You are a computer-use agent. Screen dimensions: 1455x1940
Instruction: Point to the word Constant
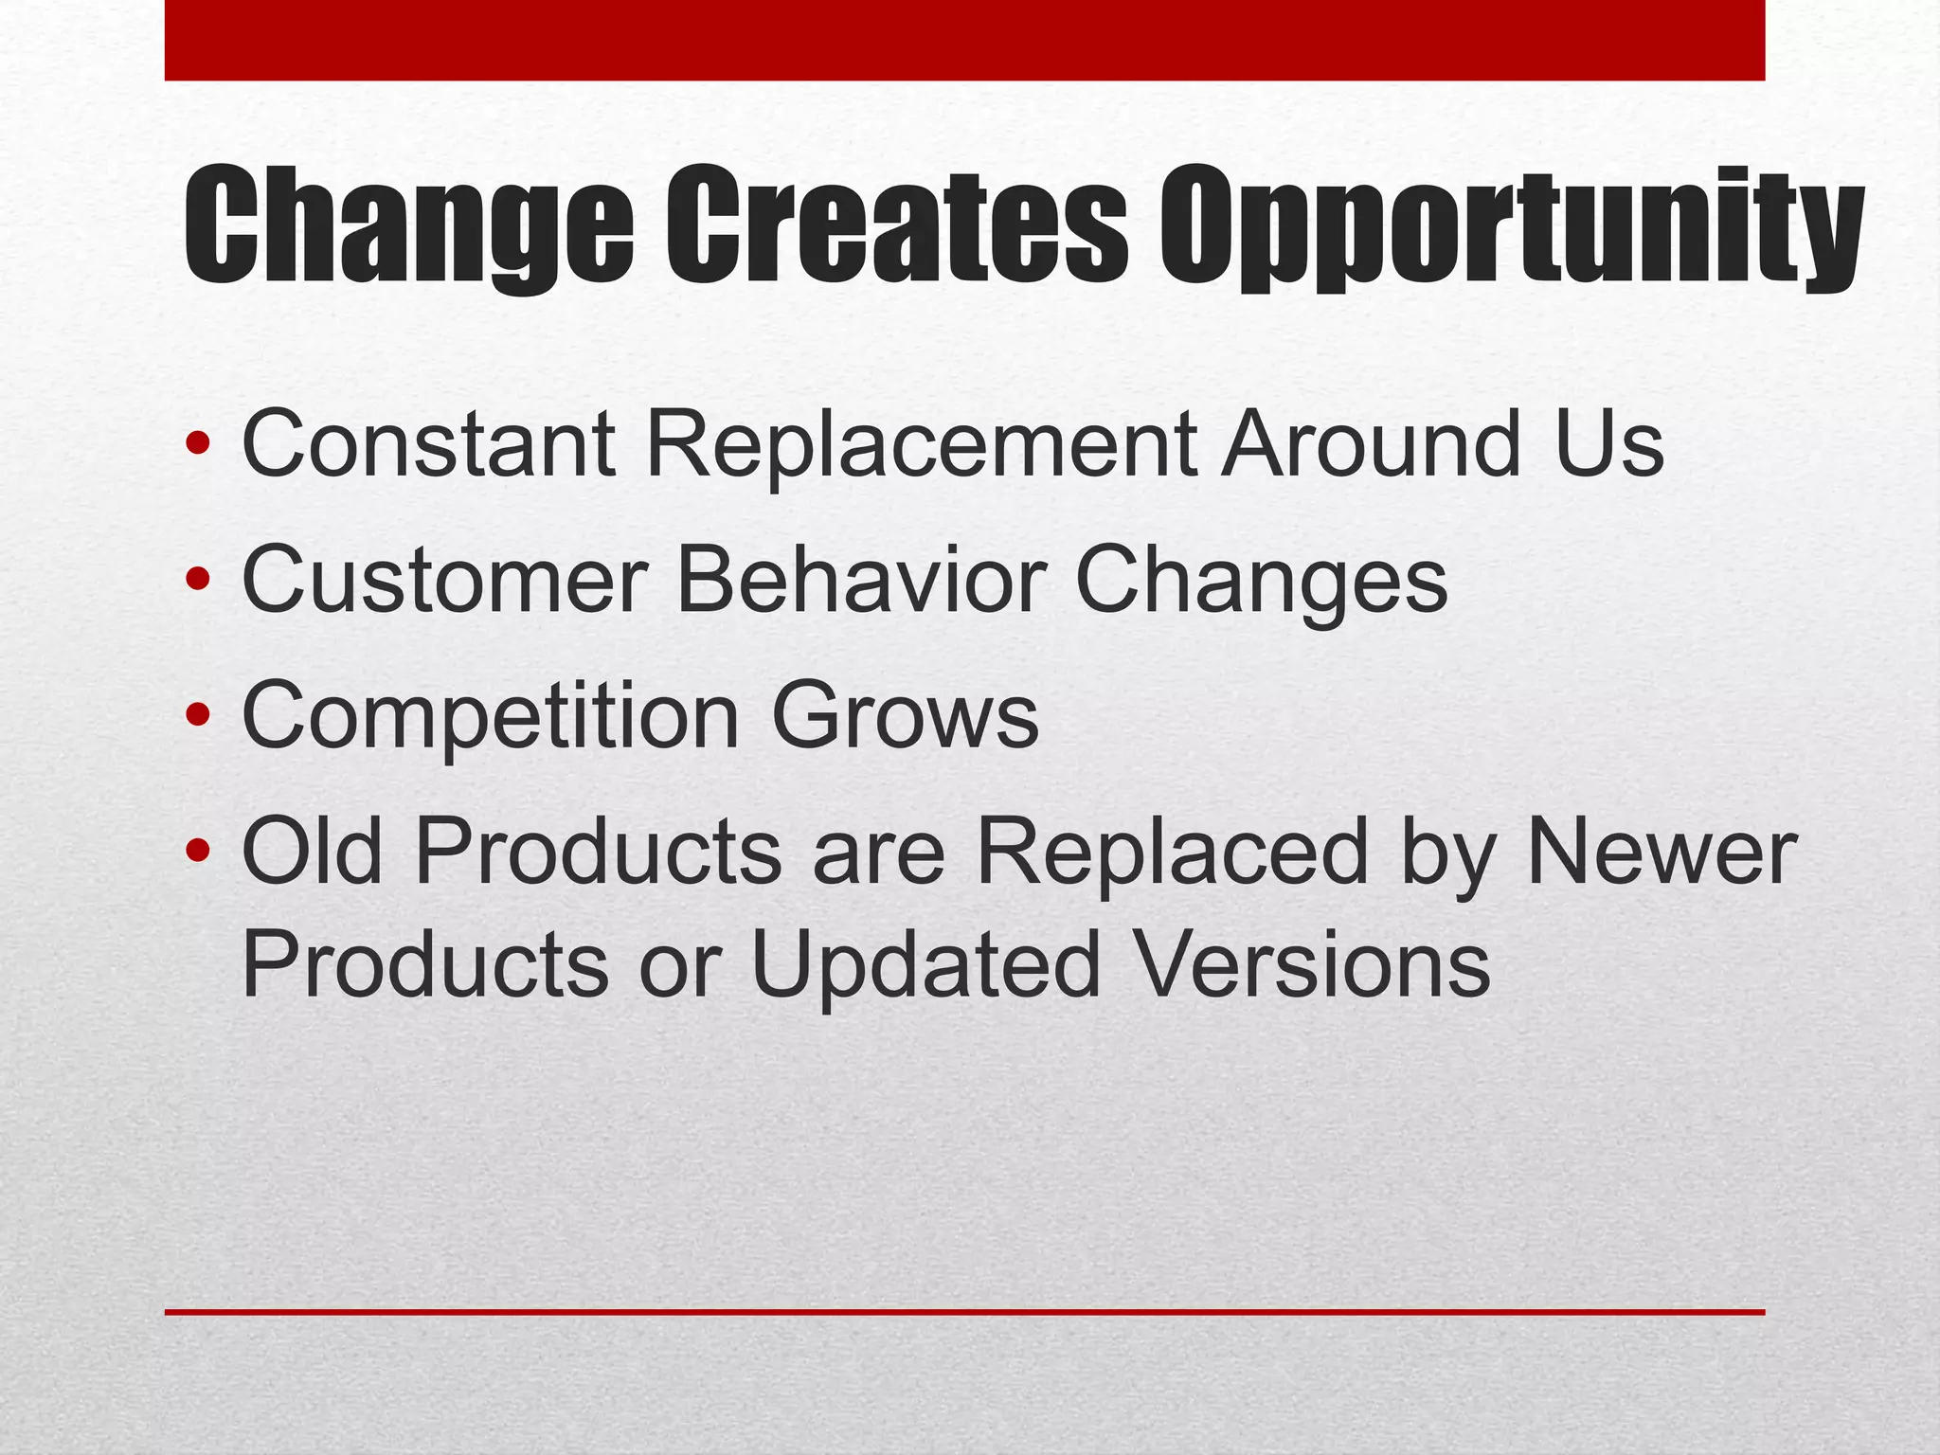pyautogui.click(x=428, y=443)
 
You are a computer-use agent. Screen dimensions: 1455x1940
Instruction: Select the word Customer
pyautogui.click(x=445, y=579)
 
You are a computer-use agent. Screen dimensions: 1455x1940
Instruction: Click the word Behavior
pyautogui.click(x=862, y=579)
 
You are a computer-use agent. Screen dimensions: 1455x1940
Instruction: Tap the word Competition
pyautogui.click(x=490, y=717)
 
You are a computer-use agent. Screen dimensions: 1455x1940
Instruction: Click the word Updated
pyautogui.click(x=926, y=966)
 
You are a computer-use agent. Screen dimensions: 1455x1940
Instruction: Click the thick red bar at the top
pyautogui.click(x=964, y=40)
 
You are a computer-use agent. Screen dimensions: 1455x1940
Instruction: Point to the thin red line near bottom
pyautogui.click(x=964, y=1312)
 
